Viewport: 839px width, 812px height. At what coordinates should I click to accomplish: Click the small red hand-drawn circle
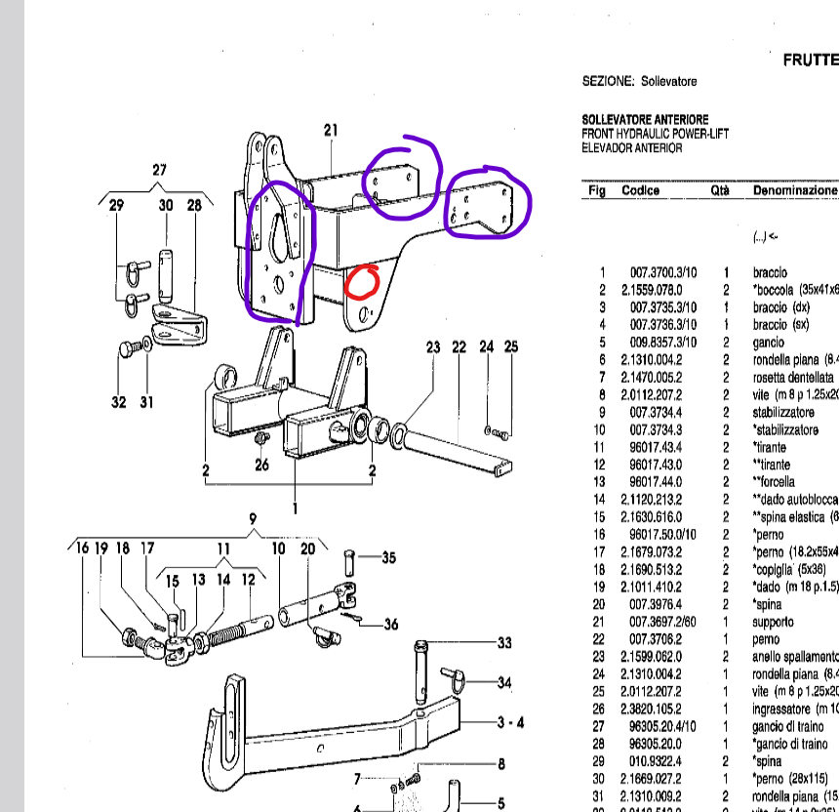coord(363,281)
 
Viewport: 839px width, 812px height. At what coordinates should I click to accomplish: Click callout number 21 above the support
coord(330,131)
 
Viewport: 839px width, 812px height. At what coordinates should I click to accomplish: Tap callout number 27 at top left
coord(160,171)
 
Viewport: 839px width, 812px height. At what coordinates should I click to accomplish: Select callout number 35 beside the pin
coord(388,558)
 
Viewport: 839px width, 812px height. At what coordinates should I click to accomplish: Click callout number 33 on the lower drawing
coord(504,643)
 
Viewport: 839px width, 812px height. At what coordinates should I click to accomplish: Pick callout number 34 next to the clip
coord(504,682)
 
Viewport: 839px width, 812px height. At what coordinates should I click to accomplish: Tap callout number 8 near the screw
coord(501,765)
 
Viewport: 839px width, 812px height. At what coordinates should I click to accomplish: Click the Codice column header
coord(641,190)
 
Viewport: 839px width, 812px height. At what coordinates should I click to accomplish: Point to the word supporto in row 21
coord(774,621)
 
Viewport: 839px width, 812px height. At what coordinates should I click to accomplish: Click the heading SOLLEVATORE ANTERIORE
coord(645,119)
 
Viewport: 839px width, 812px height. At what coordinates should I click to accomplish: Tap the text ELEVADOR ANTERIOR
coord(631,147)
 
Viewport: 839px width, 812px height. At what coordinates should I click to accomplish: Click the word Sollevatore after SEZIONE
coord(669,81)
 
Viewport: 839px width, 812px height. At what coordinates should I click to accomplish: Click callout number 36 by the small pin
coord(390,625)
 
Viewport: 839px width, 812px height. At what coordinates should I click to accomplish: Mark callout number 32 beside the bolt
coord(118,401)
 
